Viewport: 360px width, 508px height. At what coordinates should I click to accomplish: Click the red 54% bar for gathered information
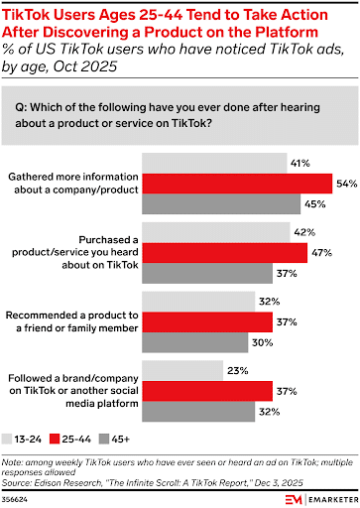pyautogui.click(x=238, y=183)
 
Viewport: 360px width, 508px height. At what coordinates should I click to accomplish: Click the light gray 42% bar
pyautogui.click(x=217, y=230)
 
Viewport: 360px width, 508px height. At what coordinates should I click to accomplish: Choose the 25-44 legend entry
pyautogui.click(x=80, y=436)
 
